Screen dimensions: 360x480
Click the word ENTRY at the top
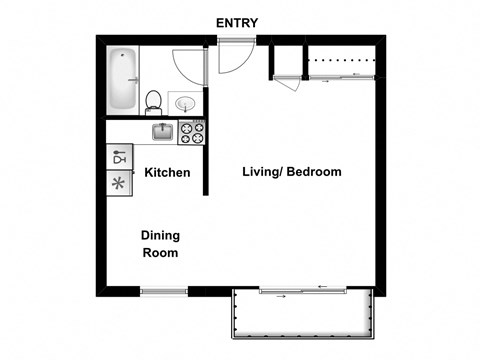coord(238,22)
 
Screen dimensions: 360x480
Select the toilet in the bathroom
coord(153,101)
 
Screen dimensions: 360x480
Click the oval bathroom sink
coord(185,101)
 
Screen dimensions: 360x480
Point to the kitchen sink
coord(163,131)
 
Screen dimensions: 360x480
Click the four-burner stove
coord(191,131)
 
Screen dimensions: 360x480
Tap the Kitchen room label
coord(167,173)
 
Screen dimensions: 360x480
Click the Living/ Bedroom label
coord(292,172)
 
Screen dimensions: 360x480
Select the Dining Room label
coord(160,244)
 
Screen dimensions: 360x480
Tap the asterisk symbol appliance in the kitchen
coord(119,183)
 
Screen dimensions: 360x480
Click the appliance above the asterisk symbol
coord(119,157)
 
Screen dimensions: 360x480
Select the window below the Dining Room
coord(163,291)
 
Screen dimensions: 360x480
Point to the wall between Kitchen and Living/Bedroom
coord(206,160)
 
